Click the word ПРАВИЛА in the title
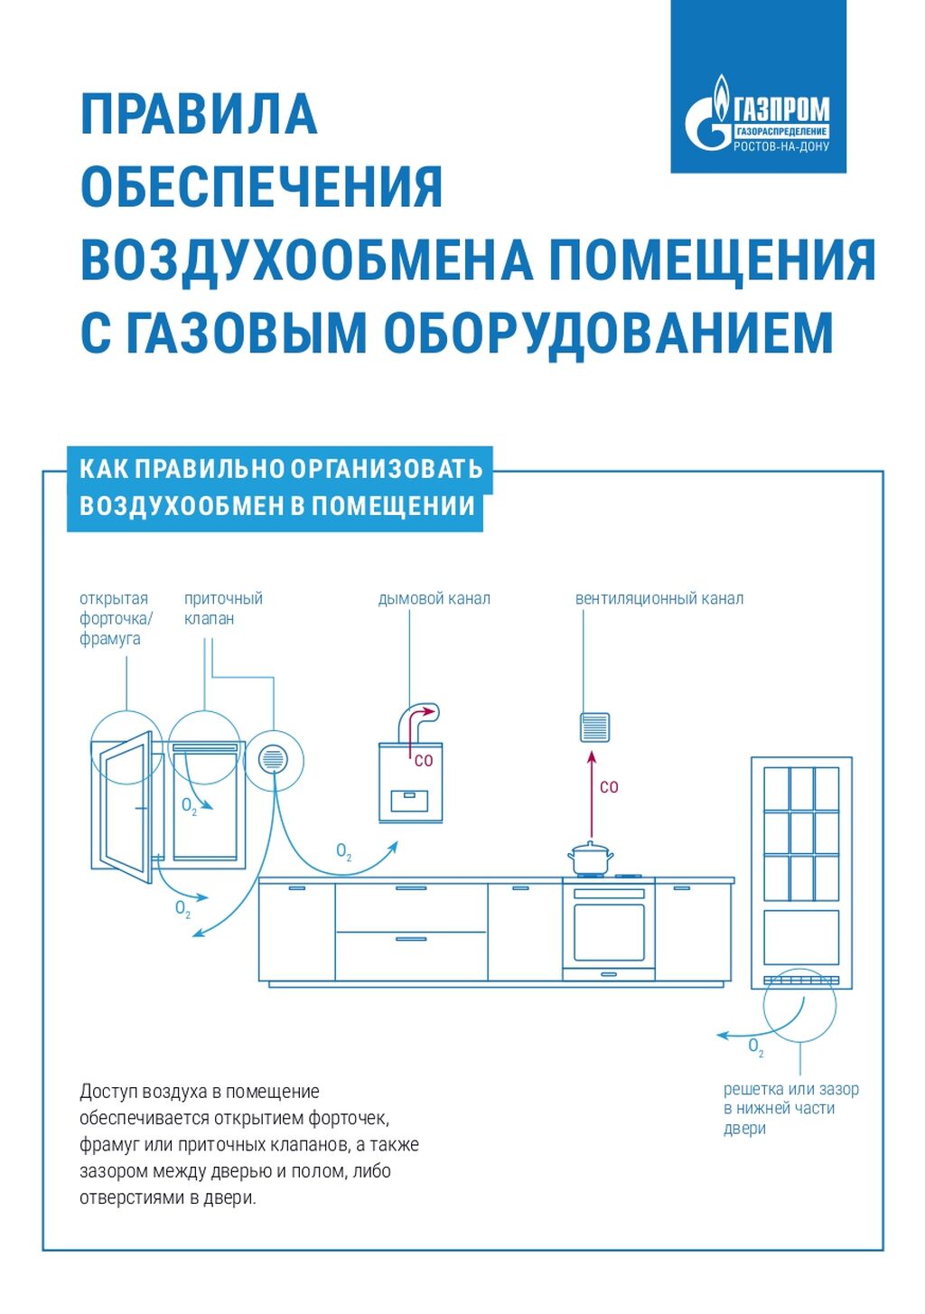pyautogui.click(x=199, y=114)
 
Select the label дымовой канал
pyautogui.click(x=434, y=598)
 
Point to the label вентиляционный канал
pyautogui.click(x=659, y=598)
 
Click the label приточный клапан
pyautogui.click(x=222, y=608)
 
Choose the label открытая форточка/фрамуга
pyautogui.click(x=116, y=618)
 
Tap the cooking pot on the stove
pyautogui.click(x=590, y=858)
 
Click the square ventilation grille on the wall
pyautogui.click(x=593, y=727)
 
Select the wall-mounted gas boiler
pyautogui.click(x=410, y=782)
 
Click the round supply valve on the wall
pyautogui.click(x=272, y=759)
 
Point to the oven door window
pyautogui.click(x=609, y=932)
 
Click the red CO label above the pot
pyautogui.click(x=609, y=787)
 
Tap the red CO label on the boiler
pyautogui.click(x=424, y=761)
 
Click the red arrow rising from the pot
pyautogui.click(x=592, y=795)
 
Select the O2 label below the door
pyautogui.click(x=756, y=1047)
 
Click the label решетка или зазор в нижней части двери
pyautogui.click(x=790, y=1109)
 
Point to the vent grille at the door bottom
pyautogui.click(x=801, y=980)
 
